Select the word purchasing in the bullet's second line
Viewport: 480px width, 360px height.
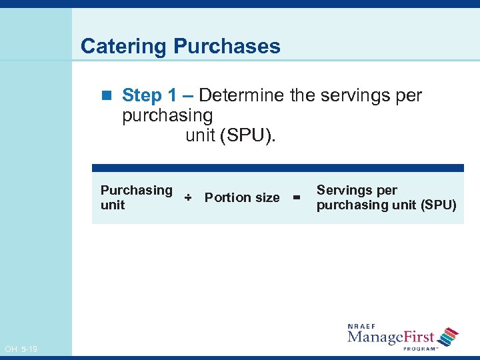tap(167, 115)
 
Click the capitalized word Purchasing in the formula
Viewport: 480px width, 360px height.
tap(136, 190)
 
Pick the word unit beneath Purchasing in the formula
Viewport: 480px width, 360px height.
tap(113, 205)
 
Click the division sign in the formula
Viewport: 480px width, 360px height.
tap(188, 197)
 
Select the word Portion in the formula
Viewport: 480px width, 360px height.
tap(227, 197)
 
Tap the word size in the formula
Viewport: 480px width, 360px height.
tap(267, 197)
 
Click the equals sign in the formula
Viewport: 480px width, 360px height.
tap(297, 197)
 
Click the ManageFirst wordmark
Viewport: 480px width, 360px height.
tap(391, 337)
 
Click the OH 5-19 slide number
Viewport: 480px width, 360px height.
tap(21, 349)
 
